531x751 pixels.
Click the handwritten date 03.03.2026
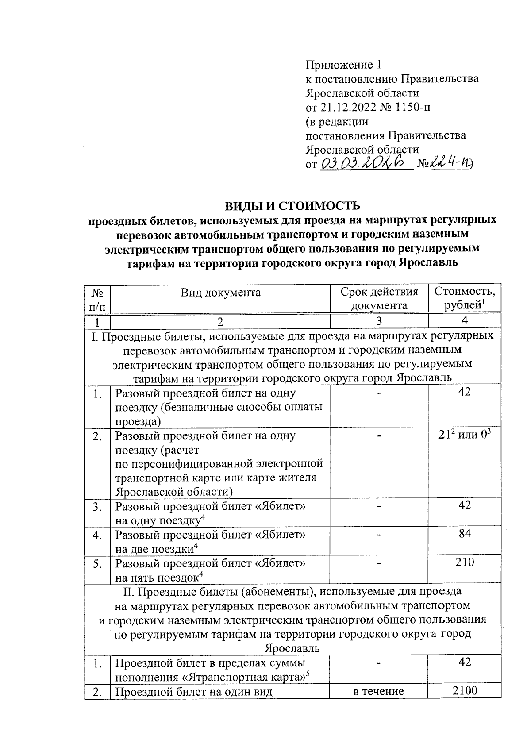pyautogui.click(x=365, y=164)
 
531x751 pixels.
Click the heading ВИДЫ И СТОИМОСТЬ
pyautogui.click(x=292, y=206)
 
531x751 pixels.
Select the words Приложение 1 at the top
pyautogui.click(x=343, y=65)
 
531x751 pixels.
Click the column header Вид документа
pyautogui.click(x=220, y=292)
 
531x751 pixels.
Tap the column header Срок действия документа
pyautogui.click(x=379, y=299)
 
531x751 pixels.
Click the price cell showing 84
pyautogui.click(x=465, y=534)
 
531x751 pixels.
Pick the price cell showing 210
pyautogui.click(x=465, y=562)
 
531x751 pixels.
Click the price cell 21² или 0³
pyautogui.click(x=465, y=435)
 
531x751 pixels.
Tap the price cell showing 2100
pyautogui.click(x=465, y=690)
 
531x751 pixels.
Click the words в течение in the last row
pyautogui.click(x=379, y=691)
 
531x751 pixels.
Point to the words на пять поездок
pyautogui.click(x=156, y=578)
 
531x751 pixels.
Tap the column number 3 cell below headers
pyautogui.click(x=379, y=321)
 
